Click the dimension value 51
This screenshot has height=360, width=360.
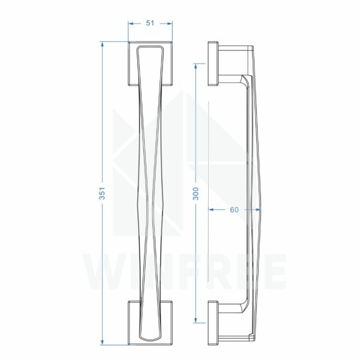(x=150, y=23)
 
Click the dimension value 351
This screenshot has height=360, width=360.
(x=102, y=193)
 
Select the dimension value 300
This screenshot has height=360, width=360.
(x=196, y=193)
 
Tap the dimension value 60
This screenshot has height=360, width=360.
(x=234, y=209)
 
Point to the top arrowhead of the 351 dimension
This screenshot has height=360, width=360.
(x=102, y=44)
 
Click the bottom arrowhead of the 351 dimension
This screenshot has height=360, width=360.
(x=102, y=342)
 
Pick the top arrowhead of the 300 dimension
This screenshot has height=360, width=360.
(x=196, y=66)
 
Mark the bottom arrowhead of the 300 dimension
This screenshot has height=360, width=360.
(x=196, y=320)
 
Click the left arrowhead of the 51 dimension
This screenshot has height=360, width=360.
(x=131, y=23)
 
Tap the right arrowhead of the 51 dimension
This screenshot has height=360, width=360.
(x=170, y=23)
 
